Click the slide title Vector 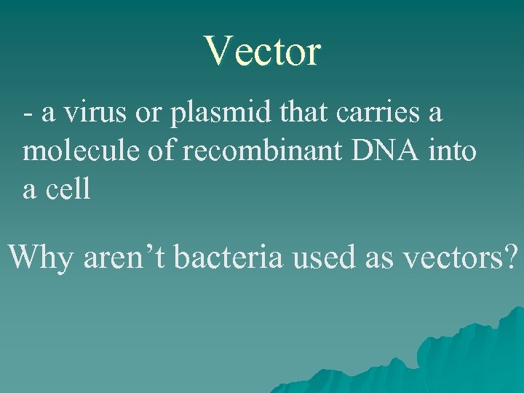pos(262,52)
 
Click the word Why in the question pos(41,258)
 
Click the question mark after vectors pos(512,257)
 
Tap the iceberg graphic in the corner pos(451,357)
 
